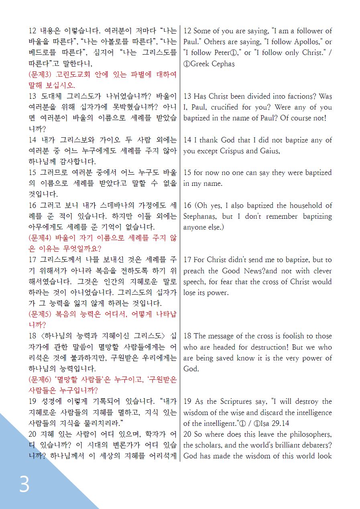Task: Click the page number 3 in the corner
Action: pos(24,485)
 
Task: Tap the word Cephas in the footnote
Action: pos(222,63)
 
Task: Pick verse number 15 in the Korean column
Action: pos(33,173)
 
